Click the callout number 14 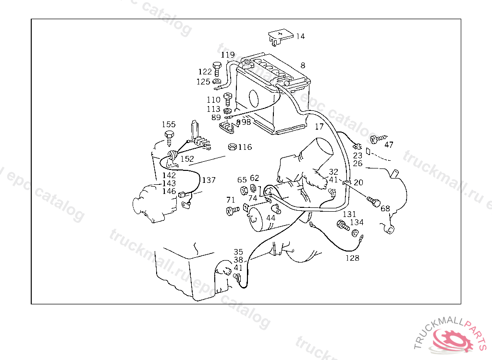pyautogui.click(x=300, y=36)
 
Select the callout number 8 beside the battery pyautogui.click(x=303, y=65)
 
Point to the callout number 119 pyautogui.click(x=228, y=55)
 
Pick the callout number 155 pyautogui.click(x=168, y=124)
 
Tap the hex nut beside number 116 pyautogui.click(x=232, y=147)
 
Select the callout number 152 pyautogui.click(x=187, y=159)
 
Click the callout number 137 pyautogui.click(x=209, y=180)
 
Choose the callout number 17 pyautogui.click(x=319, y=127)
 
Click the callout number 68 pyautogui.click(x=385, y=208)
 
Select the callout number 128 pyautogui.click(x=352, y=258)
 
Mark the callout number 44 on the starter pyautogui.click(x=271, y=217)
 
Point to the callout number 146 pyautogui.click(x=169, y=191)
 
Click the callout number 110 pyautogui.click(x=214, y=100)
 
